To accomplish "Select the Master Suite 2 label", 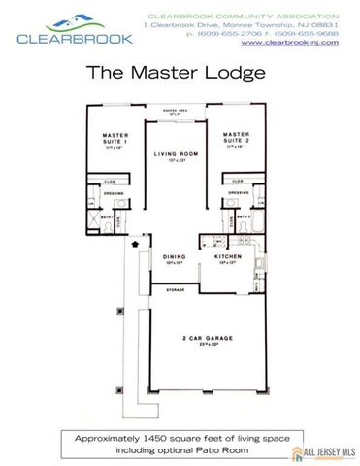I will click(237, 137).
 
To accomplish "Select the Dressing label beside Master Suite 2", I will click(240, 191).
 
